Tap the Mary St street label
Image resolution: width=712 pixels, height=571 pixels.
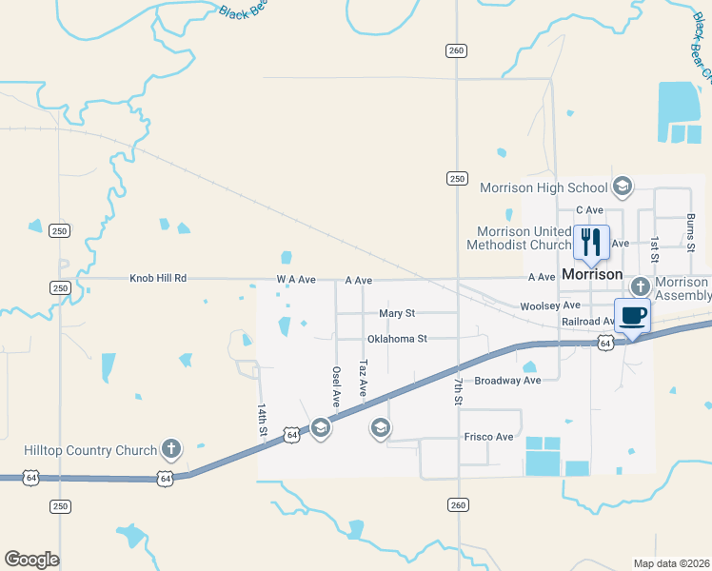point(397,313)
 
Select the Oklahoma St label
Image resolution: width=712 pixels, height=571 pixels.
point(397,338)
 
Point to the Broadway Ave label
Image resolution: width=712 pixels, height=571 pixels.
point(507,381)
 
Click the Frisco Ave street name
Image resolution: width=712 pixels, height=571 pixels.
point(488,437)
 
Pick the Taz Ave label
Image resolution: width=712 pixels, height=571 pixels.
point(363,378)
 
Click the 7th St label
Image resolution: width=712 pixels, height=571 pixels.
point(458,389)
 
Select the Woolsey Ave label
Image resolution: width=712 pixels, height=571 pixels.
point(550,306)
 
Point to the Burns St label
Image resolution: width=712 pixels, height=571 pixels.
point(691,231)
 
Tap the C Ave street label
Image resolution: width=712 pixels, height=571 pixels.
point(590,210)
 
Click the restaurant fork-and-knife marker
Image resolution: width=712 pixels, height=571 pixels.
point(591,242)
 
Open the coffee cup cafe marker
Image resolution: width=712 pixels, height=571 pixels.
point(632,315)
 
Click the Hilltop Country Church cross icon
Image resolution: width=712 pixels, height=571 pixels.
point(171,448)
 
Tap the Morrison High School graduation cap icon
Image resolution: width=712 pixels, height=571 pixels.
point(623,186)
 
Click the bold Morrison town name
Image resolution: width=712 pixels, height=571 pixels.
point(592,274)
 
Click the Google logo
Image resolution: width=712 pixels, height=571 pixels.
point(31,560)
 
